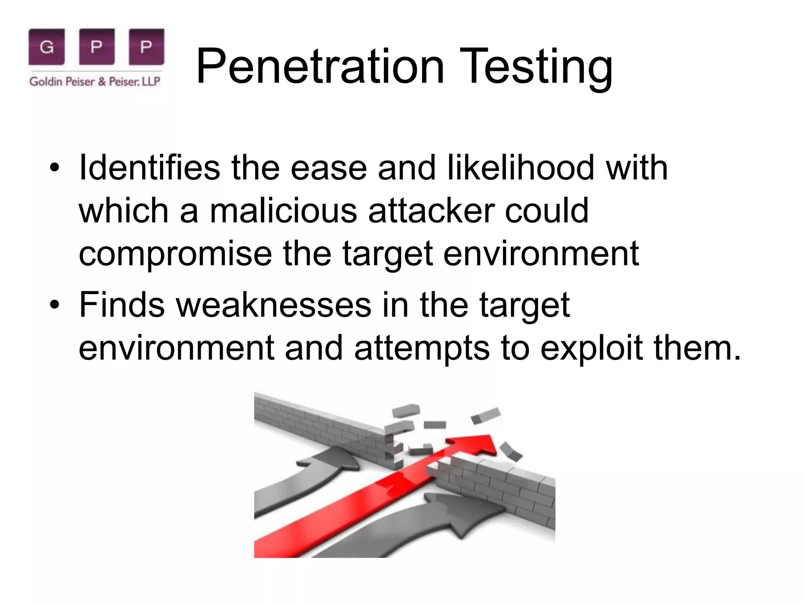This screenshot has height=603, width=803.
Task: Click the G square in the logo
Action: tap(47, 47)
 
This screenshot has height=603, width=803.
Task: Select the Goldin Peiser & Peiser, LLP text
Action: tap(95, 82)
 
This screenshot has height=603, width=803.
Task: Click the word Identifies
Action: tap(149, 168)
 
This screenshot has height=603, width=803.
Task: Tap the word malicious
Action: tap(283, 210)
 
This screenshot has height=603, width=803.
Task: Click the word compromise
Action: tap(175, 254)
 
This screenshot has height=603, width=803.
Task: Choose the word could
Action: tap(547, 210)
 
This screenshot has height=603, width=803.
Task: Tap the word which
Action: tap(124, 210)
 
